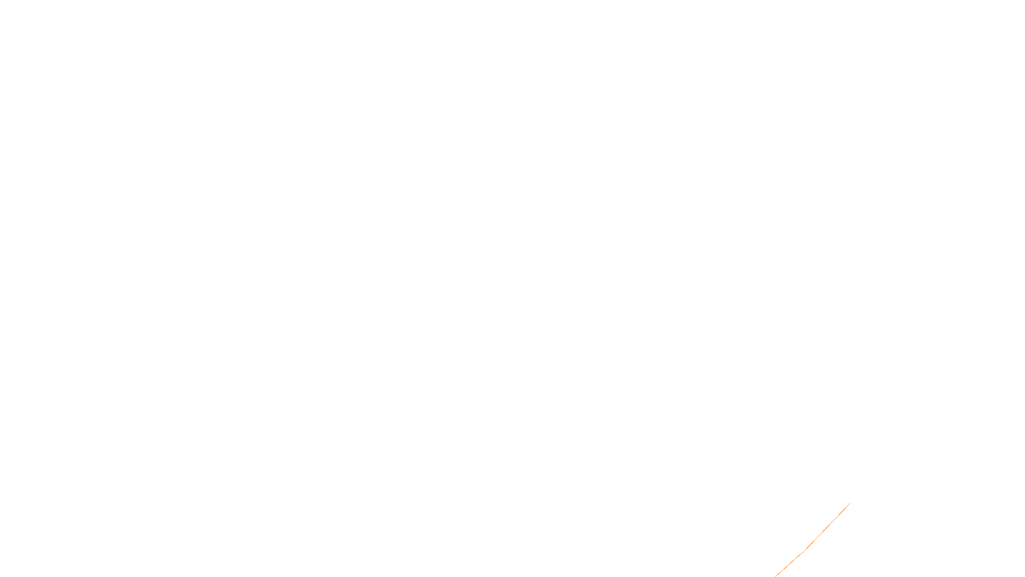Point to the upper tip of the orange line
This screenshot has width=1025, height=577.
pos(849,504)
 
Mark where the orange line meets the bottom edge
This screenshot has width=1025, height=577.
pos(775,576)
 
